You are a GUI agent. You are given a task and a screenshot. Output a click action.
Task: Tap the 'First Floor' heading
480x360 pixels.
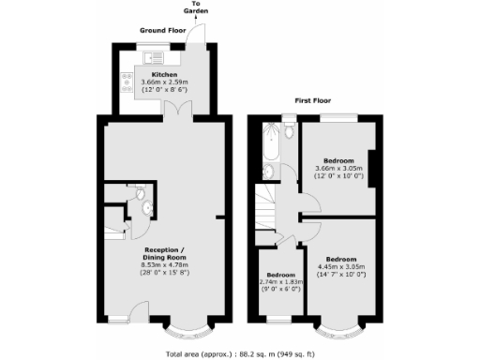point(314,98)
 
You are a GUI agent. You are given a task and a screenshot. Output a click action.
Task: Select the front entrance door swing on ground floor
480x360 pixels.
point(135,311)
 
